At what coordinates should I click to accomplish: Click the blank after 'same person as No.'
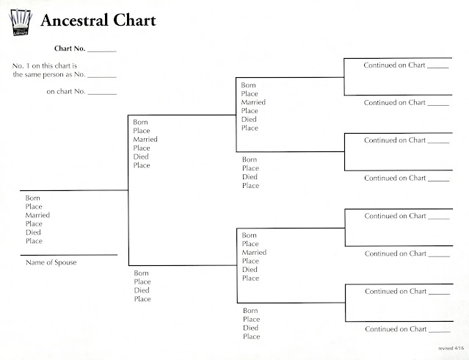click(x=103, y=76)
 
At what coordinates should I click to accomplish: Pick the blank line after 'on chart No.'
click(x=103, y=93)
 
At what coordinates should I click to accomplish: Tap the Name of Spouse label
click(x=51, y=262)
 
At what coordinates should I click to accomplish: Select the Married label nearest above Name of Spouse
click(x=37, y=215)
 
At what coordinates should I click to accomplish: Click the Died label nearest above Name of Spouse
click(x=34, y=232)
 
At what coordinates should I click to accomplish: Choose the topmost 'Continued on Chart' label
click(x=395, y=65)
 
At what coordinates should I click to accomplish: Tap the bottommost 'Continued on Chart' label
click(x=395, y=329)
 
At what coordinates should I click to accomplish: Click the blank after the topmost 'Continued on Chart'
click(x=437, y=67)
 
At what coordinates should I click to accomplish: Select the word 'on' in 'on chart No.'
click(x=51, y=92)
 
